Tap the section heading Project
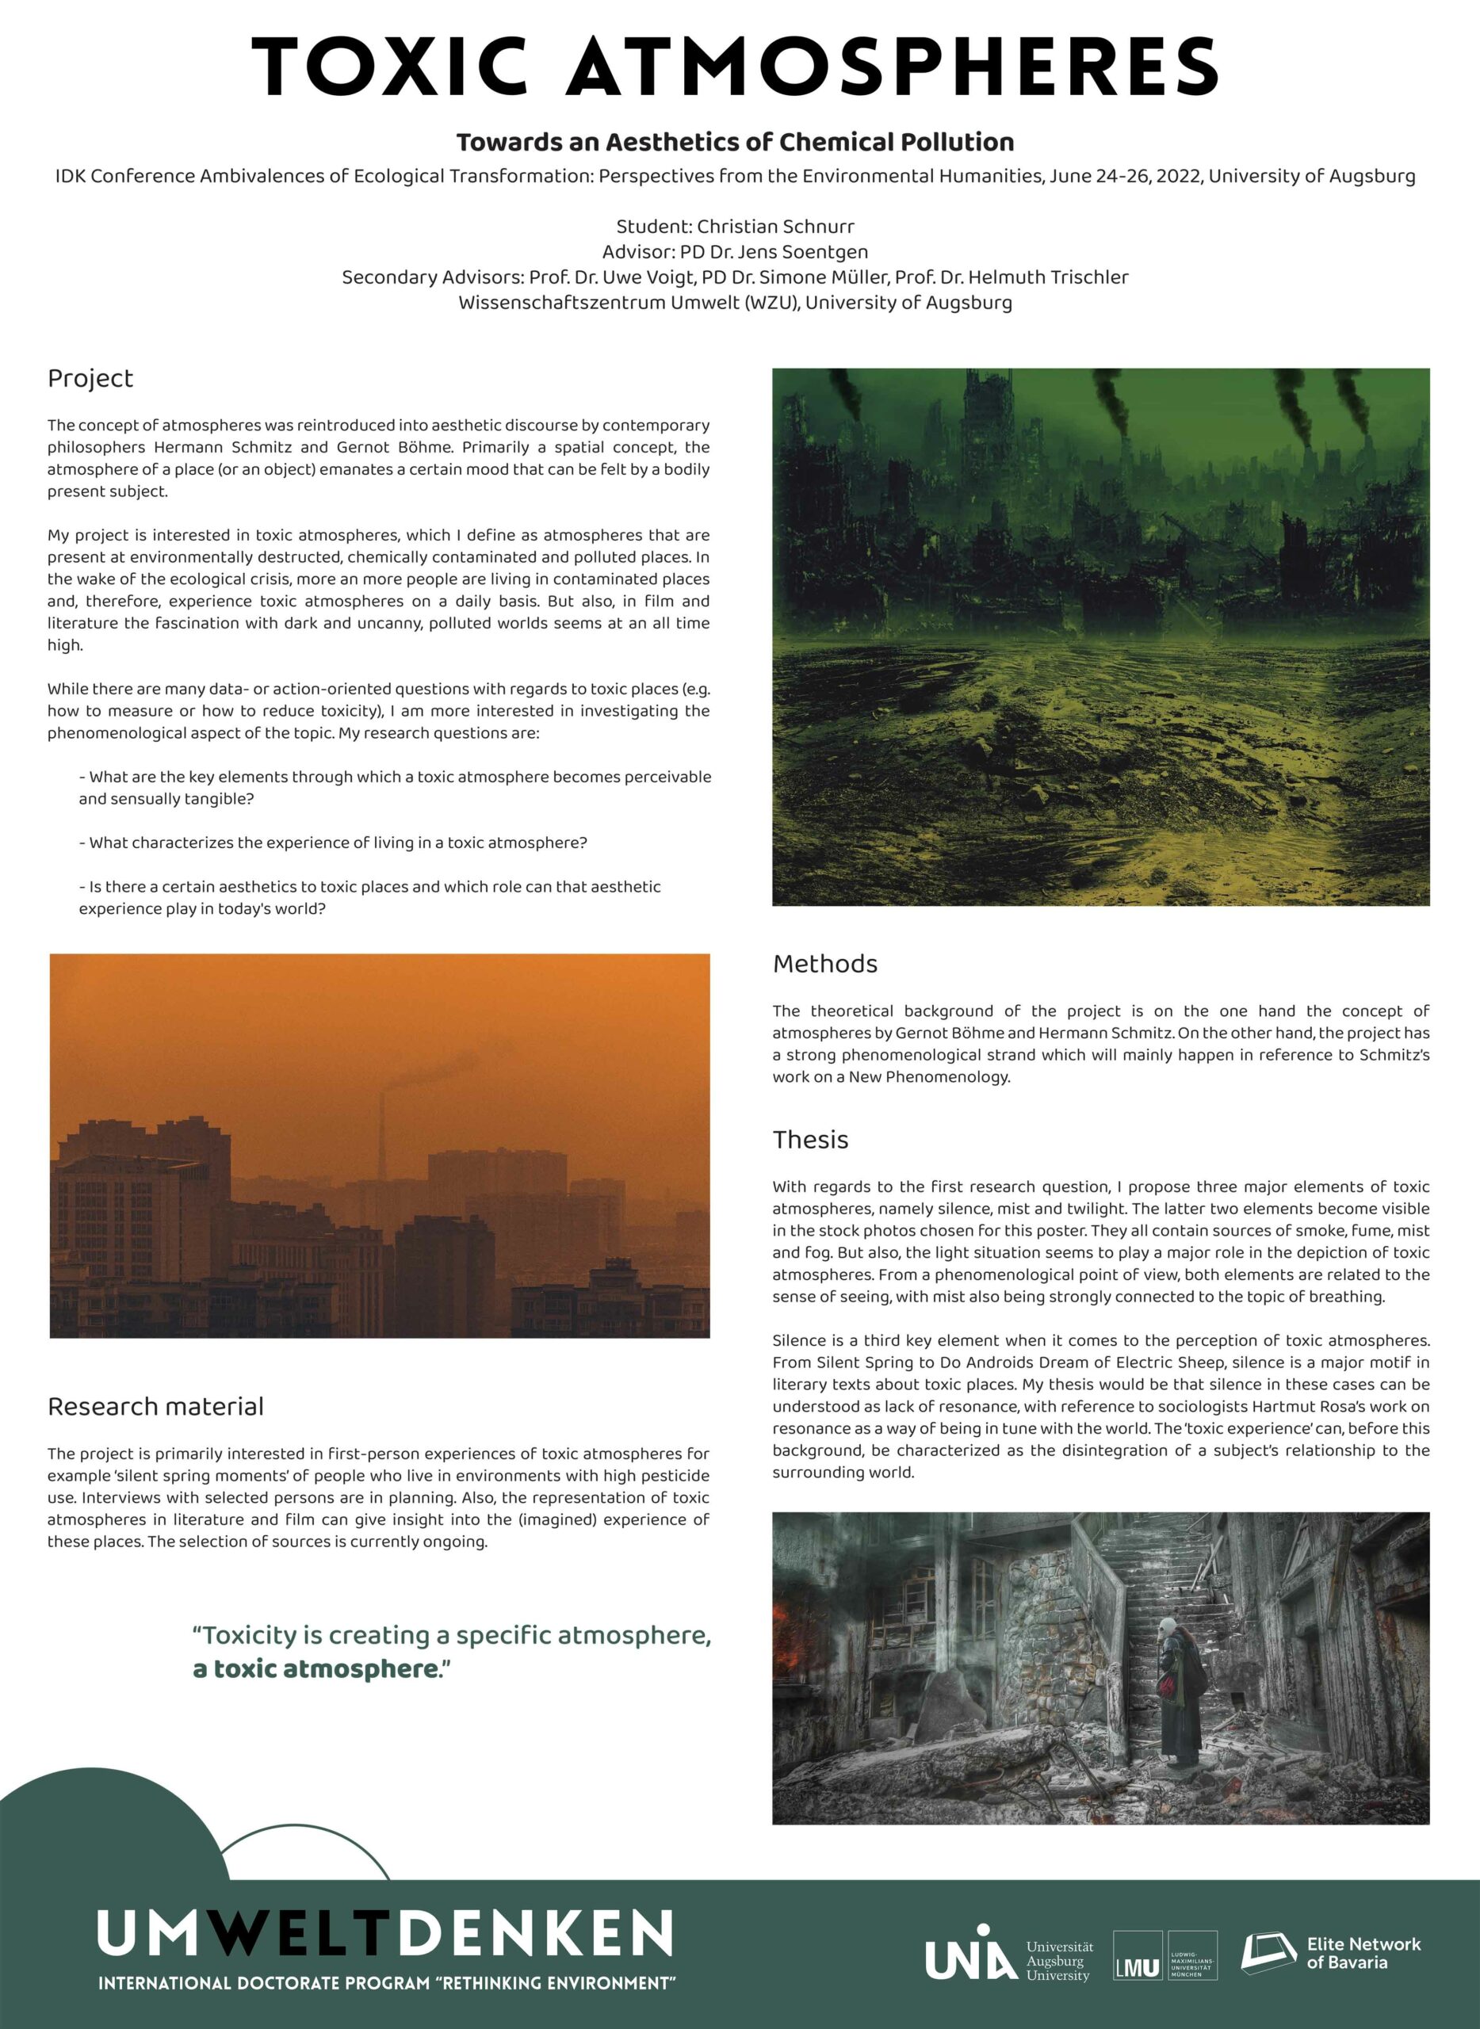click(x=90, y=379)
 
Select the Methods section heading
click(x=824, y=964)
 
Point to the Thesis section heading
click(x=810, y=1140)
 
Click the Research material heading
click(x=155, y=1406)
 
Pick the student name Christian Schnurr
click(x=775, y=227)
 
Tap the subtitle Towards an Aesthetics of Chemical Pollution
click(x=735, y=143)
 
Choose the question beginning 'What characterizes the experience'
click(x=333, y=843)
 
